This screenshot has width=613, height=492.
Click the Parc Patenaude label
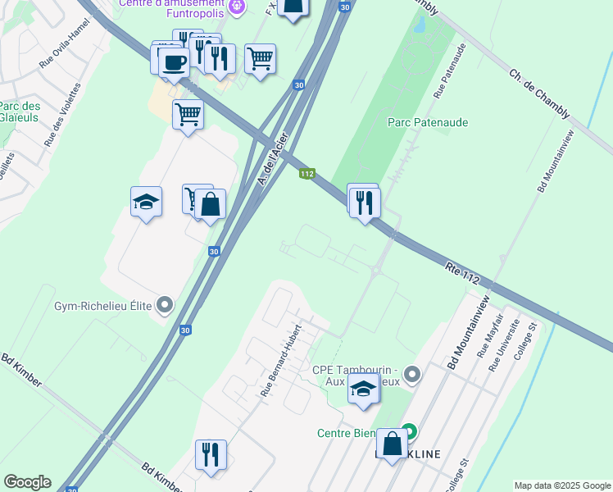[x=427, y=122]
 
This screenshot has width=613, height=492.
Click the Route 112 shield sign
[x=307, y=174]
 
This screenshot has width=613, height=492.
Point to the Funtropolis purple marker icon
[x=237, y=7]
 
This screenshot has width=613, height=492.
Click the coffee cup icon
[x=173, y=62]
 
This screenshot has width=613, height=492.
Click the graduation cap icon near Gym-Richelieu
[x=146, y=203]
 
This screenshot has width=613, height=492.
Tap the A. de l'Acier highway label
[x=273, y=159]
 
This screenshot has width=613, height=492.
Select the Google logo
[x=27, y=482]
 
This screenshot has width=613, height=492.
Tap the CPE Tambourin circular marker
[x=412, y=376]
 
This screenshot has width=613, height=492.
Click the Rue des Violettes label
[x=64, y=114]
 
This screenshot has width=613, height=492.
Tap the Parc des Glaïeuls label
[x=20, y=112]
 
